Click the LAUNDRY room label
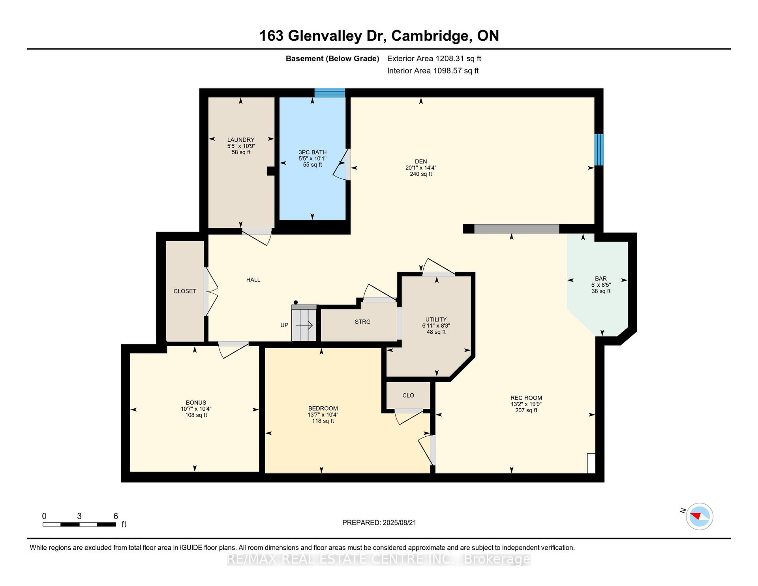click(241, 140)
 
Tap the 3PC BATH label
click(312, 152)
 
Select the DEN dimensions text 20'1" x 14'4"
click(421, 168)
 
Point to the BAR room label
click(601, 279)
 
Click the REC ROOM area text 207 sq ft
click(526, 411)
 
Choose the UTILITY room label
click(436, 319)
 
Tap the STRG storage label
click(362, 322)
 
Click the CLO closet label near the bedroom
click(408, 395)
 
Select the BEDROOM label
click(323, 408)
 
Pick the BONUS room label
click(196, 403)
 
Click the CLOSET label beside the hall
click(185, 291)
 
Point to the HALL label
click(253, 280)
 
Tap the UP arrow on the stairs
click(304, 325)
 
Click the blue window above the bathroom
click(330, 93)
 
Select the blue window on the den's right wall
click(599, 150)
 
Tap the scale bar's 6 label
click(116, 516)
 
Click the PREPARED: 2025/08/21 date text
click(379, 523)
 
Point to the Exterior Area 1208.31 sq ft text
click(434, 59)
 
